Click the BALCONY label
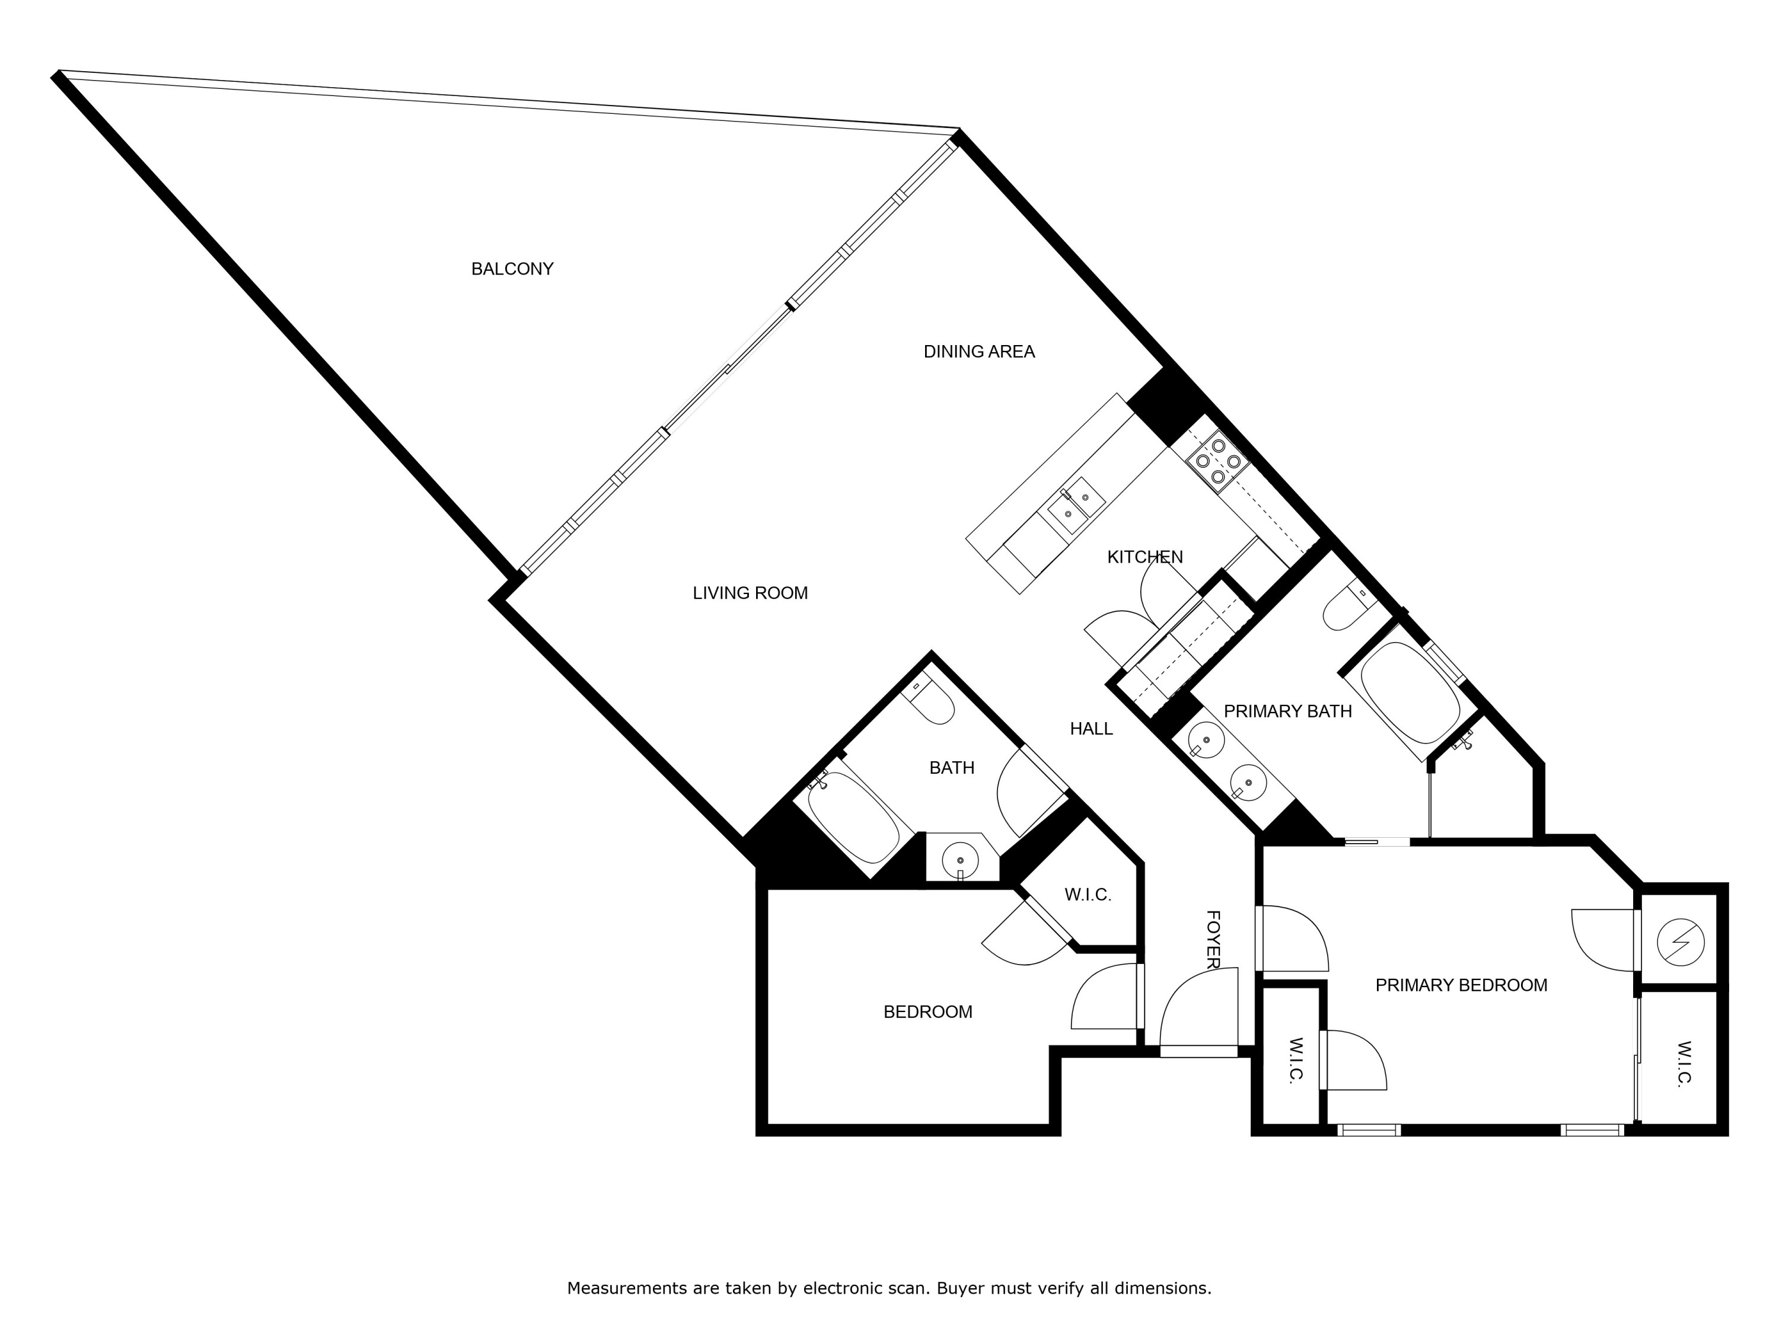pyautogui.click(x=512, y=269)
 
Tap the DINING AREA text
pyautogui.click(x=979, y=352)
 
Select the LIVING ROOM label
pyautogui.click(x=750, y=593)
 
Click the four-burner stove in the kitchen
pyautogui.click(x=1217, y=461)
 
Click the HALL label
pyautogui.click(x=1091, y=729)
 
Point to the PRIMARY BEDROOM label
pyautogui.click(x=1461, y=985)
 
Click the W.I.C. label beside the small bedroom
pyautogui.click(x=1088, y=895)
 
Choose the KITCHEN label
pyautogui.click(x=1144, y=557)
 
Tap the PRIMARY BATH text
pyautogui.click(x=1287, y=711)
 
